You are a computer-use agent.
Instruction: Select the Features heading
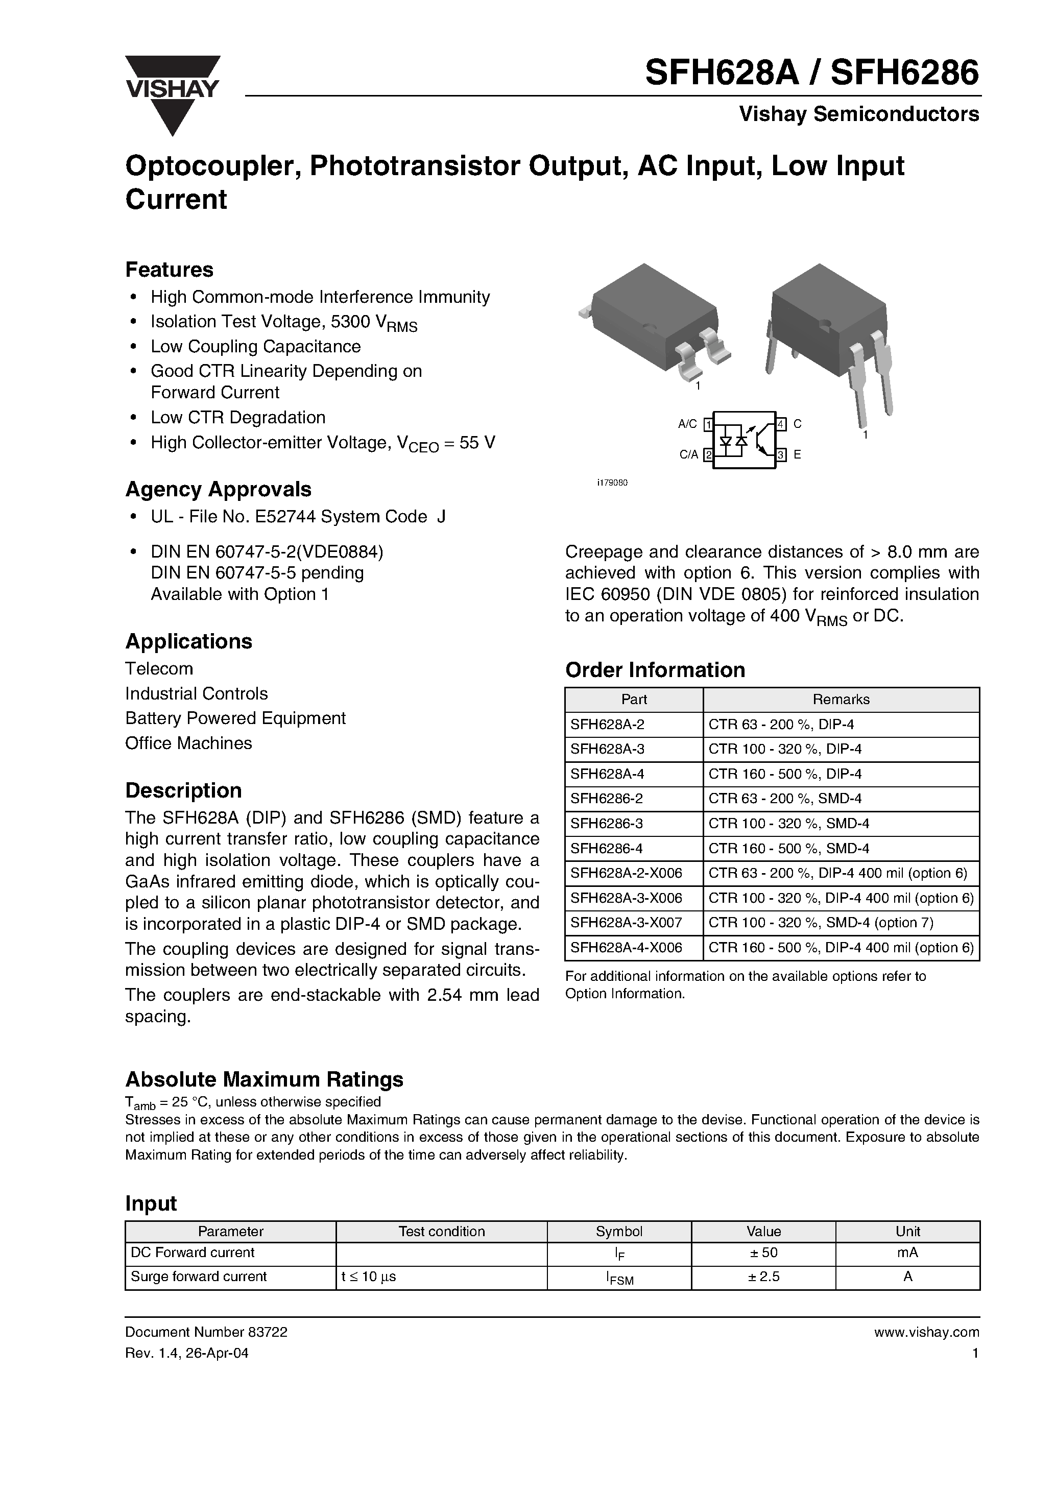169,269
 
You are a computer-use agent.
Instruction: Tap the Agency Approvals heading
218,489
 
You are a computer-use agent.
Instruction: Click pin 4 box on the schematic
781,424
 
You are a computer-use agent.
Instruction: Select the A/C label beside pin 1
687,424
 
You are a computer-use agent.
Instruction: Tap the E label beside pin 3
797,455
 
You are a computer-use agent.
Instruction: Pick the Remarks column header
841,699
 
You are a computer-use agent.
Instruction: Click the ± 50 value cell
763,1253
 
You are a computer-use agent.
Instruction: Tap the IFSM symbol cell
619,1278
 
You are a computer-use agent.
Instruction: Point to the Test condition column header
442,1231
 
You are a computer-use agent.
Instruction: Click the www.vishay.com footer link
926,1332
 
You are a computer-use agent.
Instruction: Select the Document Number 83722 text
206,1332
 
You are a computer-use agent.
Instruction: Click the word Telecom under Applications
159,668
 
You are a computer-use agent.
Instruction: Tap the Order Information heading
655,670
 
